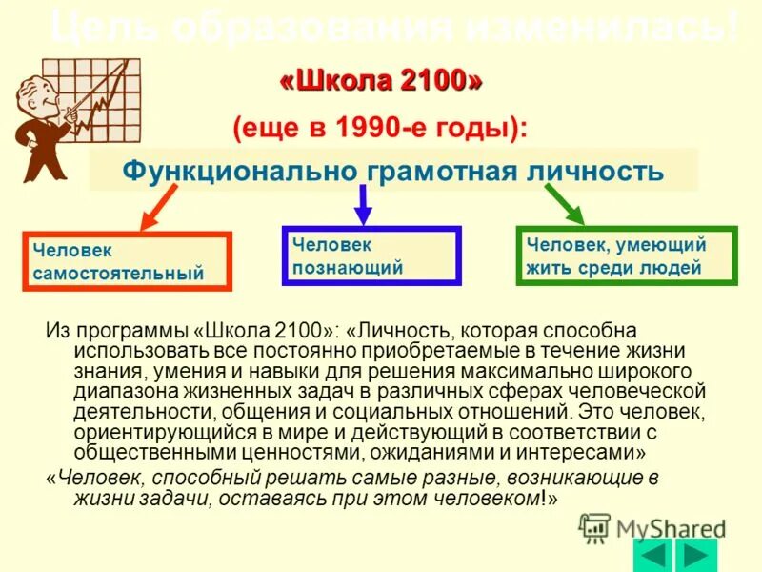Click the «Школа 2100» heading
(x=381, y=82)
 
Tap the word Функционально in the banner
(x=238, y=172)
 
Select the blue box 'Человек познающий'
(x=371, y=255)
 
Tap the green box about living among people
(x=626, y=255)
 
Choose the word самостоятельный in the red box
(x=118, y=274)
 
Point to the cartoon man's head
(x=34, y=89)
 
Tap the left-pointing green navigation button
(x=652, y=555)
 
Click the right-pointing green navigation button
(x=698, y=555)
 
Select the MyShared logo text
(x=667, y=527)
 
